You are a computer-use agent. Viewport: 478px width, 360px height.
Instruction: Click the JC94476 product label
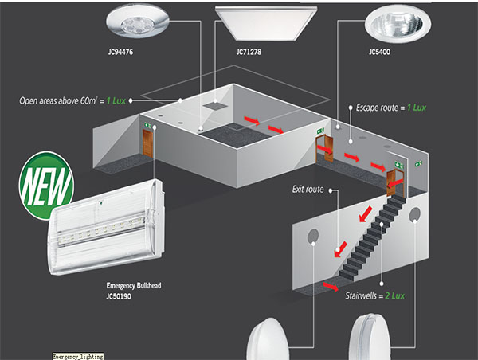coord(119,55)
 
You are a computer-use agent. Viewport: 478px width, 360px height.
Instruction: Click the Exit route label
coord(308,190)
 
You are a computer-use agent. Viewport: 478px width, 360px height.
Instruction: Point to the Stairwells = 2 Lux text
coord(375,295)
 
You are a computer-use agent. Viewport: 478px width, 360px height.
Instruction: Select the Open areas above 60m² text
coord(71,101)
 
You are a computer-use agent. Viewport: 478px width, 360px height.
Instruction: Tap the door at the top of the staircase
coord(393,182)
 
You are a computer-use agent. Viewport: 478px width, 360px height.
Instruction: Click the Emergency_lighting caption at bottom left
coord(77,355)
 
